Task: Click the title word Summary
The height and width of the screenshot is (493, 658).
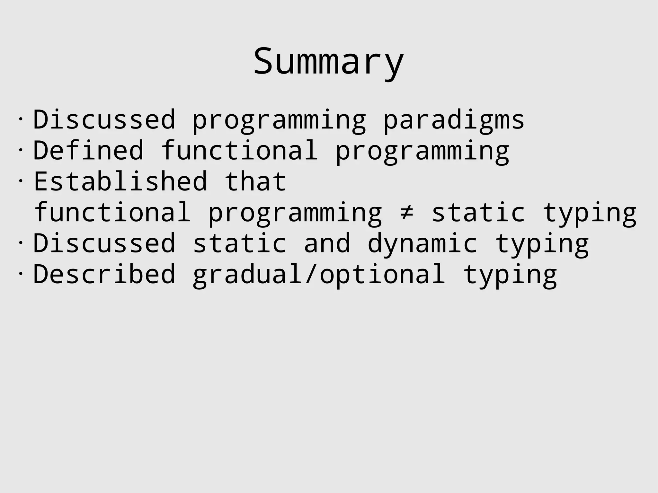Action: pos(328,61)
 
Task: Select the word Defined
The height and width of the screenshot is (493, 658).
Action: pos(88,150)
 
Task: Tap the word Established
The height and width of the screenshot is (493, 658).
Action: pos(120,181)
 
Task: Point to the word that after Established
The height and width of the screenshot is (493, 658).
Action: pos(255,181)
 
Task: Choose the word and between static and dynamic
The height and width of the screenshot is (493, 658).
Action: pos(327,243)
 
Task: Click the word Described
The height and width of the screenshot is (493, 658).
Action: pos(104,274)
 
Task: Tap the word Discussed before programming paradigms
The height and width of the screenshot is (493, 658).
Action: pos(104,119)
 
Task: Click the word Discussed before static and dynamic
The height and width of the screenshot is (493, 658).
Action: pos(104,243)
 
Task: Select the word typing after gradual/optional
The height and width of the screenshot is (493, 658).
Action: pos(510,276)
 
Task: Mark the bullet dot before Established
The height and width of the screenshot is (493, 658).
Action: pos(21,180)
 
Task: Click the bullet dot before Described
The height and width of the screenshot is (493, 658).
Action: pos(21,273)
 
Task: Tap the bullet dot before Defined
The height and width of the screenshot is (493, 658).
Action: pos(21,150)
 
